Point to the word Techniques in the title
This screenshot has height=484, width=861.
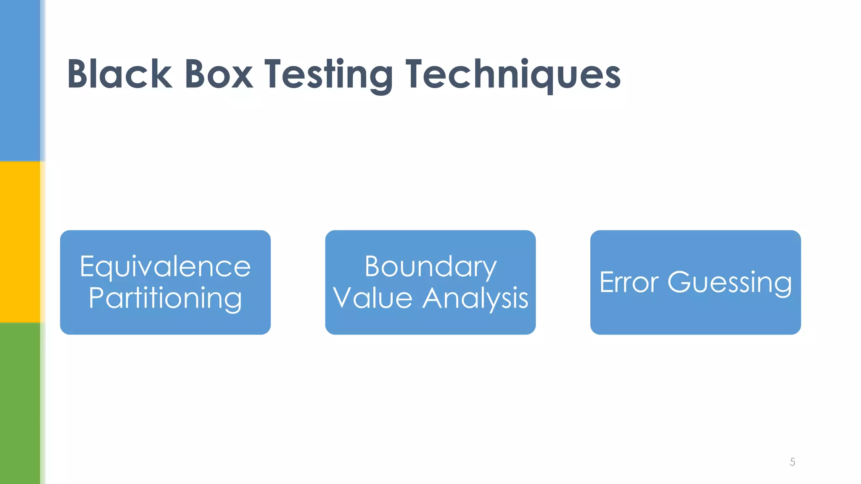(513, 75)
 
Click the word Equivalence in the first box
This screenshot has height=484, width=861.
(165, 266)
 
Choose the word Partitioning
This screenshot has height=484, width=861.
(165, 298)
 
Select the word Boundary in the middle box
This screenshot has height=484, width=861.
(430, 266)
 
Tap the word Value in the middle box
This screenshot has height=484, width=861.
(372, 298)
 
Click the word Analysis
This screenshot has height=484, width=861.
(475, 298)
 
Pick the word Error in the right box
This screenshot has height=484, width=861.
(629, 282)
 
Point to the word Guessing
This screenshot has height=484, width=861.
(729, 283)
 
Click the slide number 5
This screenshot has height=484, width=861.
(792, 462)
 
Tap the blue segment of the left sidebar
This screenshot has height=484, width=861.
(20, 80)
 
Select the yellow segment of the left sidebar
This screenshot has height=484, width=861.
(20, 242)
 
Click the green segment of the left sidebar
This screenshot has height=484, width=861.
(20, 403)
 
